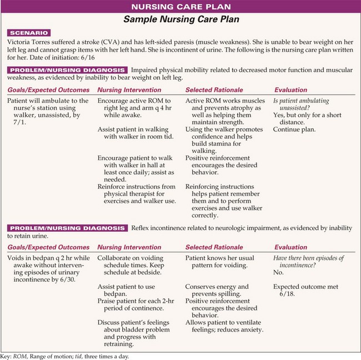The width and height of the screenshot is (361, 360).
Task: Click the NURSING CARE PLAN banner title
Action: point(180,7)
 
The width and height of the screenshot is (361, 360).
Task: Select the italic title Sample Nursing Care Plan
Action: point(180,20)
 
